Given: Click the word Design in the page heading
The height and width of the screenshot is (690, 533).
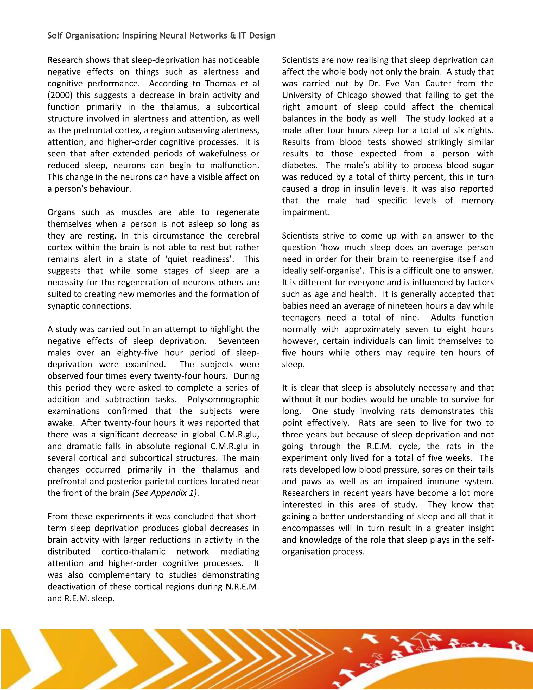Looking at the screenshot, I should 262,36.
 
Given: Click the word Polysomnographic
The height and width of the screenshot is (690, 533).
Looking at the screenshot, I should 223,399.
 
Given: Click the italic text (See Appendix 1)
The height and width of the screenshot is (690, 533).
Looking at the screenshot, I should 166,493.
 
